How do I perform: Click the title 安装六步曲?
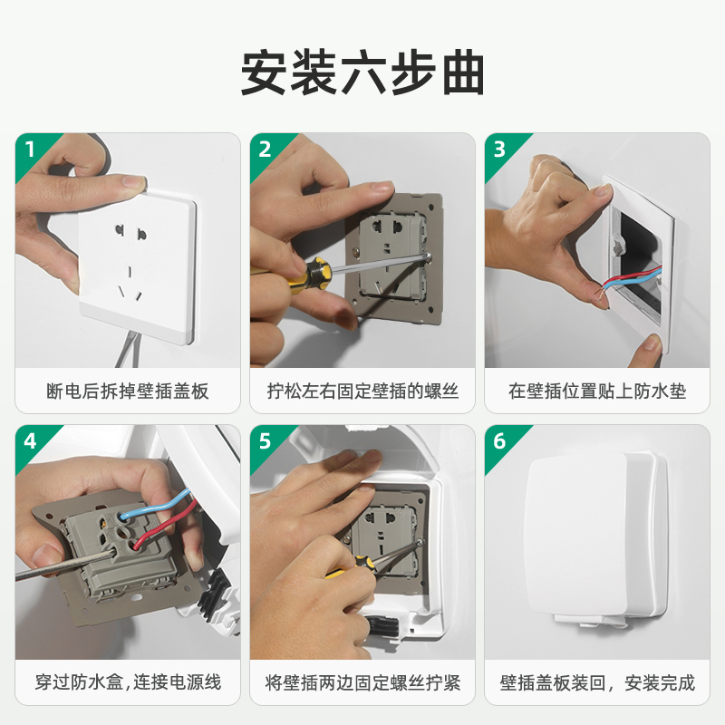coord(362,73)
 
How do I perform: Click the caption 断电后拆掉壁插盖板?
coord(128,391)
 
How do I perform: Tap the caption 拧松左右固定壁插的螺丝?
coord(362,391)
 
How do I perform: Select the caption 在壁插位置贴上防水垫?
coord(597,391)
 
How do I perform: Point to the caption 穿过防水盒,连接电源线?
coord(128,682)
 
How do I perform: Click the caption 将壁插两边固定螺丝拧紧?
coord(362,682)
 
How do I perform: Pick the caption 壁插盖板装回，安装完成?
coord(597,682)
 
